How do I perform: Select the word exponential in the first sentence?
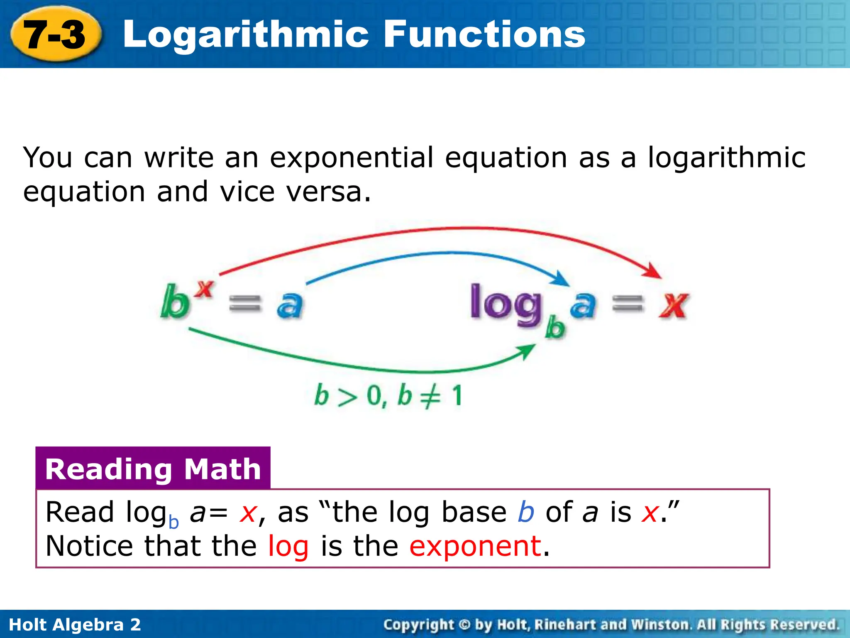[x=352, y=158]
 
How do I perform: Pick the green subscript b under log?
[x=555, y=328]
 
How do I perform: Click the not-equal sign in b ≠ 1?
[x=430, y=396]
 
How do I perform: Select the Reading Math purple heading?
[x=153, y=469]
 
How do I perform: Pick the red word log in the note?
[x=288, y=547]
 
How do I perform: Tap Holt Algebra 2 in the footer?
[x=75, y=625]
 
